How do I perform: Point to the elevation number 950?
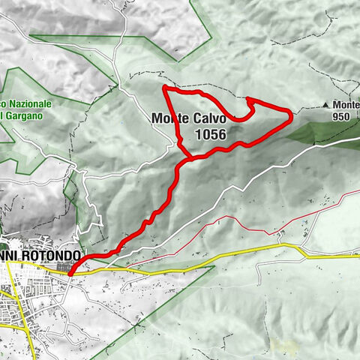[342, 117]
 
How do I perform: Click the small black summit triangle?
[326, 105]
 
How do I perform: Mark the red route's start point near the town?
[70, 274]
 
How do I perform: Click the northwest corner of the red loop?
[165, 89]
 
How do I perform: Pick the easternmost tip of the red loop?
[291, 114]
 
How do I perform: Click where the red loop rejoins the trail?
[187, 158]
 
